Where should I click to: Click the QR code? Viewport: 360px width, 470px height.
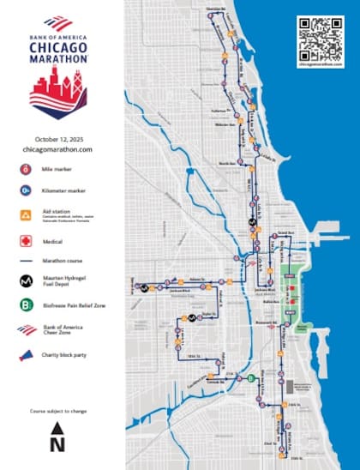(316, 35)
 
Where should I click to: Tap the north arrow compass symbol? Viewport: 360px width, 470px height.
(57, 436)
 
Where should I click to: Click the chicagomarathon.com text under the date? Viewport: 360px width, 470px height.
(57, 149)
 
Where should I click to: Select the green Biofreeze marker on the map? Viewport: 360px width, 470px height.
(251, 377)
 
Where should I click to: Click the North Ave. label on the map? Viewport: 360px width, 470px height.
(226, 162)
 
